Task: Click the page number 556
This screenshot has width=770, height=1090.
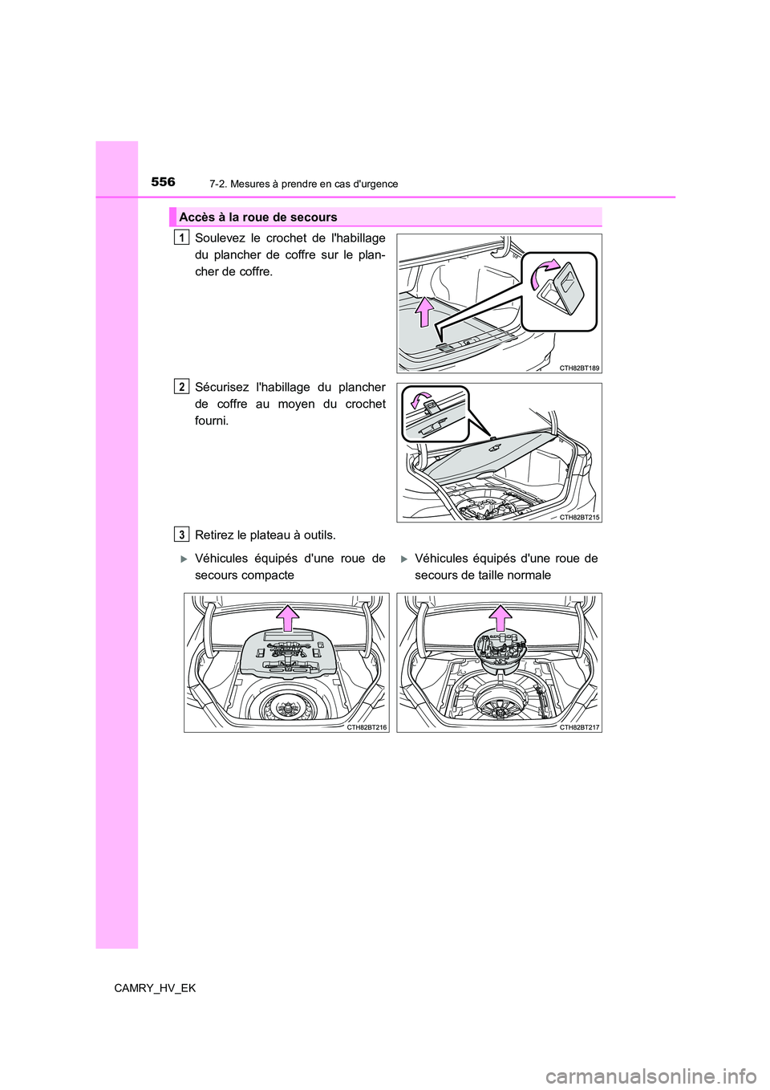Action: [163, 182]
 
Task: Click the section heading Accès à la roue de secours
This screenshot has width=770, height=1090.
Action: [258, 218]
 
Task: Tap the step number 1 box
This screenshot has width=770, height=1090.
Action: [184, 237]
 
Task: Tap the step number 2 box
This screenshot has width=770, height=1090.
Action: [184, 387]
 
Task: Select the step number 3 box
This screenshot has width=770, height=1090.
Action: [184, 535]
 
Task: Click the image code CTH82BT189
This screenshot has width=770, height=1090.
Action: [579, 368]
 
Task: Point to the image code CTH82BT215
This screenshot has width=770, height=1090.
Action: [579, 518]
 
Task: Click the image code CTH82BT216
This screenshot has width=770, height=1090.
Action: [367, 726]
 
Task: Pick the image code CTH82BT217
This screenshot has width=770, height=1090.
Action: [579, 726]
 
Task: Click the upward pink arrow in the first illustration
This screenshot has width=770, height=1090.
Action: [424, 313]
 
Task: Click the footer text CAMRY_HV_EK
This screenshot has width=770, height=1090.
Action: [155, 988]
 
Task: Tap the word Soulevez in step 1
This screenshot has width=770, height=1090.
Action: [217, 238]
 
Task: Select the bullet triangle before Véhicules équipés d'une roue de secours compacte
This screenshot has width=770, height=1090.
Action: [184, 559]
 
